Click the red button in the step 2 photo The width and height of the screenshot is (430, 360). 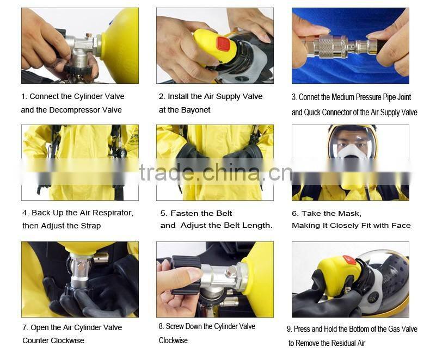point(223,44)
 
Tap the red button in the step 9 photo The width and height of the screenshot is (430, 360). point(349,259)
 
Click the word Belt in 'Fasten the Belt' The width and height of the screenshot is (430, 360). point(224,213)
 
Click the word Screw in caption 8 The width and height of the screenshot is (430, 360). point(175,326)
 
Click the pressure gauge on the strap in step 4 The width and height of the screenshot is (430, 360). point(122,153)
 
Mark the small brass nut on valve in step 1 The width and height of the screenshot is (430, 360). point(89,36)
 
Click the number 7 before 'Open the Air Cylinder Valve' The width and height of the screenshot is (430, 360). point(24,328)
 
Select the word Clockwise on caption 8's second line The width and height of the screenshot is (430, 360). point(173,340)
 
